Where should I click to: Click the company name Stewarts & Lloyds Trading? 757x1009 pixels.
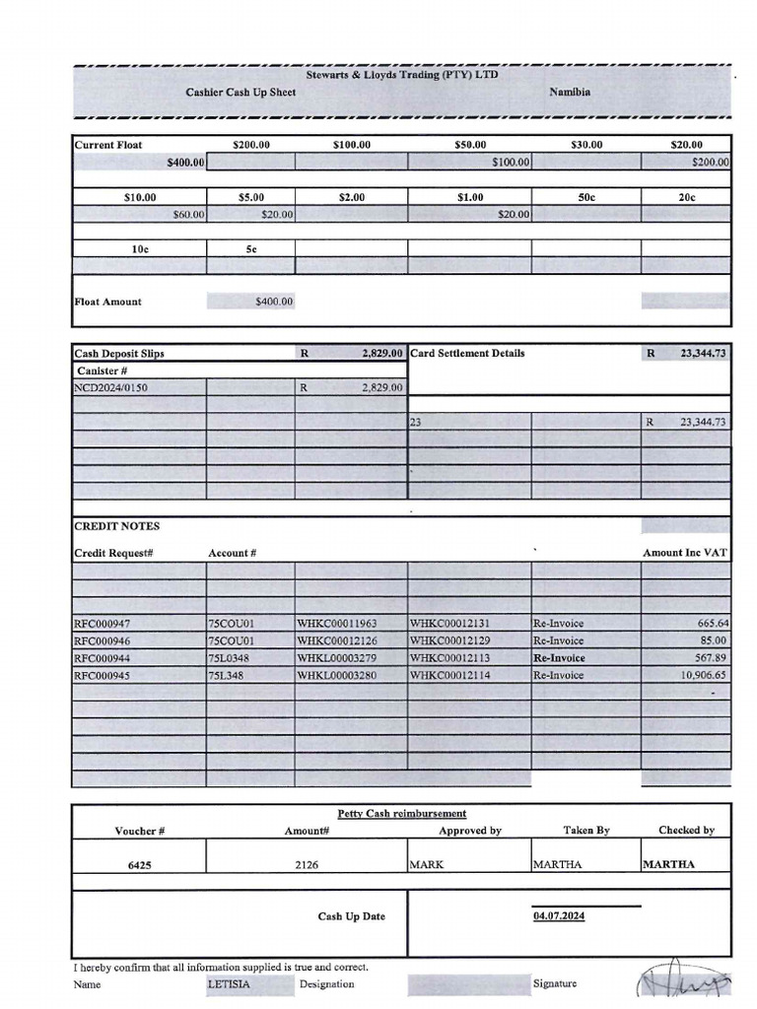coord(402,75)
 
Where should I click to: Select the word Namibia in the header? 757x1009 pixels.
coord(570,92)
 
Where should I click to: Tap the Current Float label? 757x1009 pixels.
coord(108,145)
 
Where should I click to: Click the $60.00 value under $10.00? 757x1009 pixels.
coord(188,215)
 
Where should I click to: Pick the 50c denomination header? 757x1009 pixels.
coord(586,197)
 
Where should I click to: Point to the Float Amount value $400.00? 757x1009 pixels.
coord(273,302)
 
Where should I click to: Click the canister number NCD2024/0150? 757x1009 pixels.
coord(111,388)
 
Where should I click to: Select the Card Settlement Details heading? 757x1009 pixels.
coord(467,353)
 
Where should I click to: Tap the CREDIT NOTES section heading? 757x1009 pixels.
coord(116,526)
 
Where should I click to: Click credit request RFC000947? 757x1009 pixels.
coord(103,624)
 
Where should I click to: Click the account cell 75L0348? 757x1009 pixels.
coord(229,658)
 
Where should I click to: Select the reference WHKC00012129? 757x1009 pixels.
coord(449,641)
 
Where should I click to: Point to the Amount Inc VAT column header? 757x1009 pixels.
coord(684,553)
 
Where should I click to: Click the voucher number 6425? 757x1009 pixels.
coord(139,865)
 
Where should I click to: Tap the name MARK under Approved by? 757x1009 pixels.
coord(427,865)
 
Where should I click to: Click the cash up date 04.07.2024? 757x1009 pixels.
coord(559,916)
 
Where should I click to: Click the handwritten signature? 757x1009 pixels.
coord(685,981)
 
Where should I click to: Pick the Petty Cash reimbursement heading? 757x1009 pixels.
coord(401,813)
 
